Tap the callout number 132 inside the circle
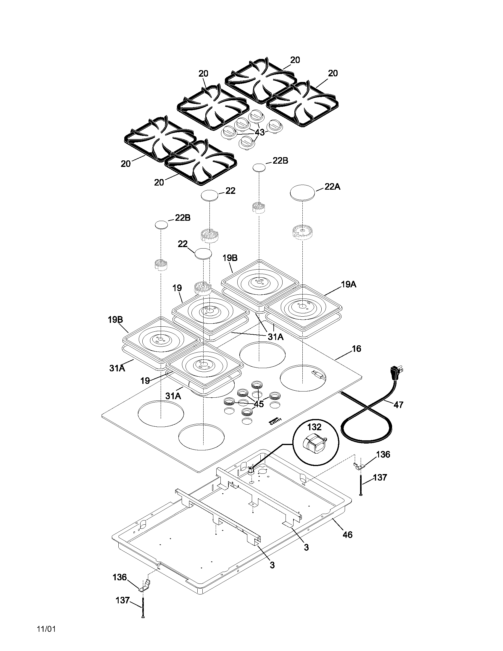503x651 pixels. pyautogui.click(x=314, y=427)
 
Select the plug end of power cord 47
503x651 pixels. pyautogui.click(x=396, y=372)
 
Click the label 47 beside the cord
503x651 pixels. pyautogui.click(x=399, y=405)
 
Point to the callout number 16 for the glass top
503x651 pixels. pyautogui.click(x=357, y=349)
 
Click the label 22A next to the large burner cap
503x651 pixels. pyautogui.click(x=332, y=187)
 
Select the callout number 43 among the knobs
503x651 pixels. pyautogui.click(x=259, y=132)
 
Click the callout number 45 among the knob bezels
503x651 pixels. pyautogui.click(x=258, y=404)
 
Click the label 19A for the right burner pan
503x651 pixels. pyautogui.click(x=349, y=284)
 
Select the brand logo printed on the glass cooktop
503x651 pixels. pyautogui.click(x=275, y=419)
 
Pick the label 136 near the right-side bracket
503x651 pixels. pyautogui.click(x=383, y=454)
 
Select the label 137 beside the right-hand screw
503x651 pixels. pyautogui.click(x=380, y=477)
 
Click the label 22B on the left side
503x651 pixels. pyautogui.click(x=183, y=217)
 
